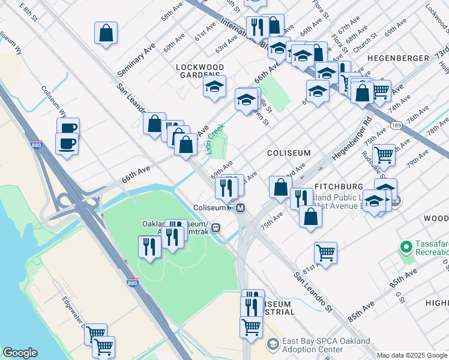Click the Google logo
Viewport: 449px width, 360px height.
(x=20, y=353)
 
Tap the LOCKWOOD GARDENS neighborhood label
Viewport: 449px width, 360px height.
(x=200, y=71)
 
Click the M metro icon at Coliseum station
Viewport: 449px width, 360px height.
(x=240, y=208)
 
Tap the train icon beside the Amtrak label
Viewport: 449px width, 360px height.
(x=215, y=228)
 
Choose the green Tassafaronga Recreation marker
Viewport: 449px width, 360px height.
(x=405, y=247)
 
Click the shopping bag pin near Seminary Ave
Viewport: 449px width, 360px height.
(x=106, y=34)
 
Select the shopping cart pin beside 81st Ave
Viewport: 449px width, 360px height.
(x=325, y=253)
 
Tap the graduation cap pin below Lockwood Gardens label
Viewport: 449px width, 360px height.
(x=214, y=87)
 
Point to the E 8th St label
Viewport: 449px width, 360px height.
(x=28, y=11)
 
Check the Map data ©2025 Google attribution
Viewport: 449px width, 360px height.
(x=412, y=355)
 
